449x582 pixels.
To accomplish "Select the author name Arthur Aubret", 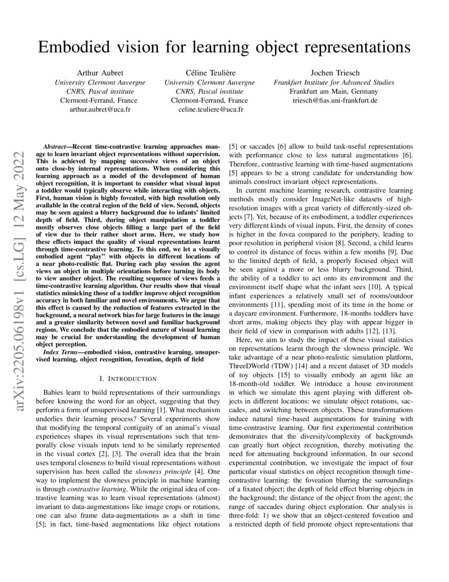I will tap(99, 73).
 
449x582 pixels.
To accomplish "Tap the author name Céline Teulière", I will tap(209, 73).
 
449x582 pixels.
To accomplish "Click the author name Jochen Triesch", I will tap(334, 73).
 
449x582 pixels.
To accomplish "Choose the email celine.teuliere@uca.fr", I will tap(209, 110).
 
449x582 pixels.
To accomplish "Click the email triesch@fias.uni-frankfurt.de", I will tap(334, 101).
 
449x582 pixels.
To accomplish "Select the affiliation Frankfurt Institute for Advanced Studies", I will tap(334, 83).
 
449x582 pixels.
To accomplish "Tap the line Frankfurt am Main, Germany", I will tap(334, 92).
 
